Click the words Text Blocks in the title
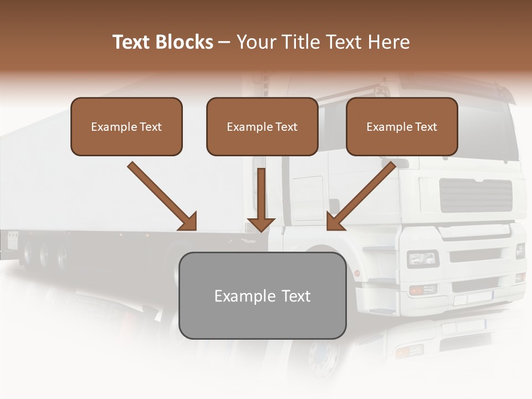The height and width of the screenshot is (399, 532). coord(162,42)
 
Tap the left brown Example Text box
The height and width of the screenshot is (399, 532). coord(126,126)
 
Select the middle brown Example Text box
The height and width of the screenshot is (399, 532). coord(262,126)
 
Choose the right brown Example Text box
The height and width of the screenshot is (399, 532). coord(402,126)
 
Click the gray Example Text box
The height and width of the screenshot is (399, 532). coord(262,295)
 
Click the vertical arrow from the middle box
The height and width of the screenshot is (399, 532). coord(261,199)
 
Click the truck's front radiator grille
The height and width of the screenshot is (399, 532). coord(476,195)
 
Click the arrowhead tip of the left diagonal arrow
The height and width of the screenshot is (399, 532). coord(194,228)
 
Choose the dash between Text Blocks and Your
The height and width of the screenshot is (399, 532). coord(224,43)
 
